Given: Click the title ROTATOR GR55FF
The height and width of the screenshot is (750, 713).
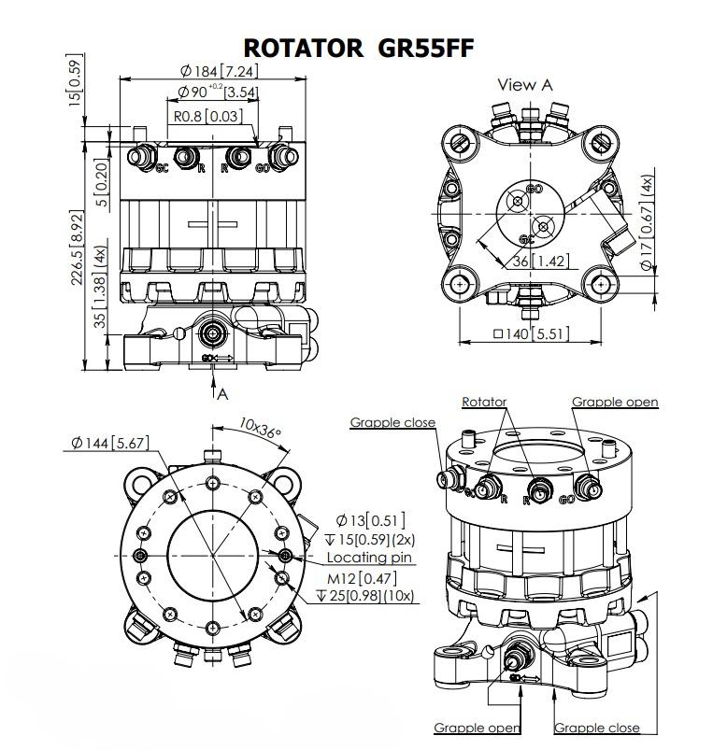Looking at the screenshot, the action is [x=359, y=48].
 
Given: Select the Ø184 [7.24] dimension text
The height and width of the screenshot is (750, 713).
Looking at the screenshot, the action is [x=220, y=71].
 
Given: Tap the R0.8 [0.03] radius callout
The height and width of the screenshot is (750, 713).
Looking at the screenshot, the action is [x=207, y=116].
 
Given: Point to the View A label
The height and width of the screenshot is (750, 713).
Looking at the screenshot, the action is [x=525, y=85].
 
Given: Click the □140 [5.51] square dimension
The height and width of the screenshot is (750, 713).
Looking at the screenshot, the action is [x=531, y=333].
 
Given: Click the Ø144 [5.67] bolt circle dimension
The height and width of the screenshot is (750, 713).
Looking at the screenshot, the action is [x=109, y=443].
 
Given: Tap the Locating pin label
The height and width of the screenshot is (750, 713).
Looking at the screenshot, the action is [x=369, y=558].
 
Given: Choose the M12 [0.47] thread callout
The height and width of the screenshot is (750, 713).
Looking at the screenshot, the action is [x=362, y=578].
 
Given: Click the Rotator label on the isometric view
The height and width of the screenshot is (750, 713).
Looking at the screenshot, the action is [x=484, y=402].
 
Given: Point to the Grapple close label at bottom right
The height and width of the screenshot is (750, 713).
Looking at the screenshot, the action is [x=597, y=728].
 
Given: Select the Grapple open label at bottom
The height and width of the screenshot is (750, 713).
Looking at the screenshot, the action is [x=477, y=728].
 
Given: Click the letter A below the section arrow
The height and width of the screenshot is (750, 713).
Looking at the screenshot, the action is [x=222, y=394].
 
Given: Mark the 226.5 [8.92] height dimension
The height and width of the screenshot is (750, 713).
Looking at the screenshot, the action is [x=78, y=248].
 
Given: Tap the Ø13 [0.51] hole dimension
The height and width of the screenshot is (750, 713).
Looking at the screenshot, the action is [x=370, y=520].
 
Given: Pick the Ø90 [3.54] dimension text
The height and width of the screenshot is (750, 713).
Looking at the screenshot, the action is [x=218, y=92].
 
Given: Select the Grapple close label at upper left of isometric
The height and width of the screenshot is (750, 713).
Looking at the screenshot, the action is [x=392, y=422].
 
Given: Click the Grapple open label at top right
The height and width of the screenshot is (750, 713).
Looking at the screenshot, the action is [x=615, y=402].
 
